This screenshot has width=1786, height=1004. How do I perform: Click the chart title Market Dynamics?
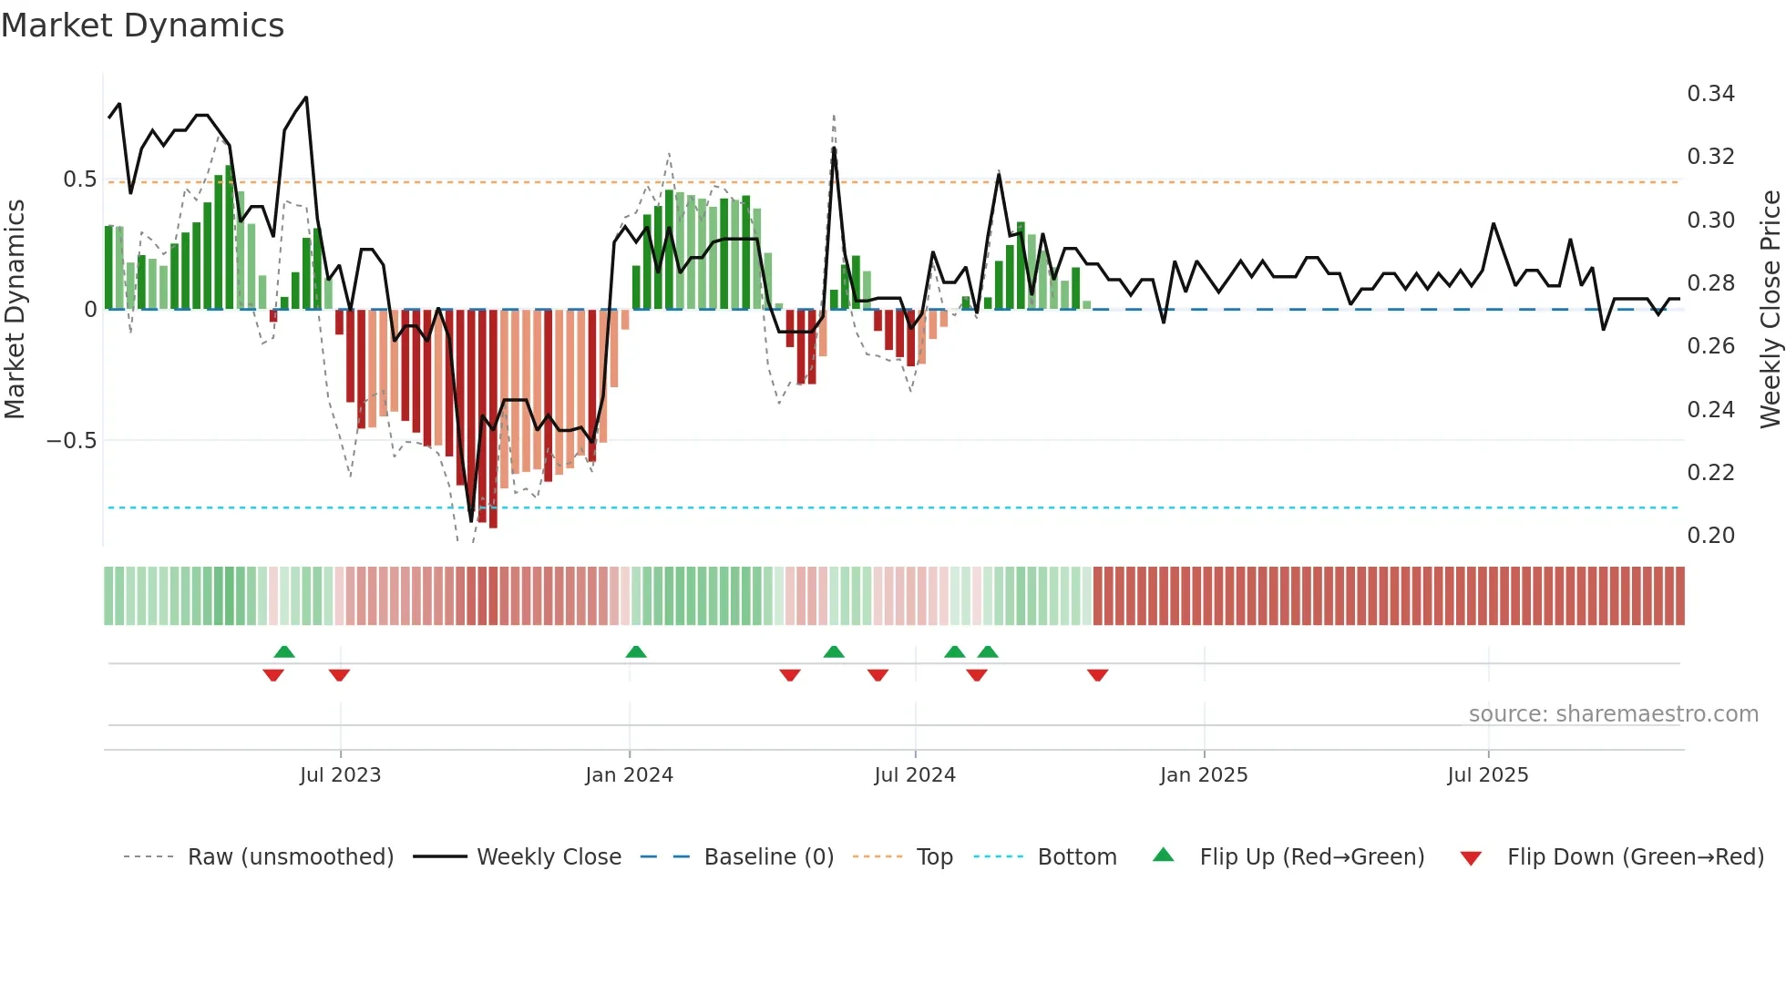pyautogui.click(x=143, y=26)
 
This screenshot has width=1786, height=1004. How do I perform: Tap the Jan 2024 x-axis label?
pyautogui.click(x=629, y=775)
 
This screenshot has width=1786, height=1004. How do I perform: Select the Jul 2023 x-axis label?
pyautogui.click(x=340, y=775)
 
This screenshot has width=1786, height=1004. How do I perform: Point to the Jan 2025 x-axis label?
pyautogui.click(x=1203, y=775)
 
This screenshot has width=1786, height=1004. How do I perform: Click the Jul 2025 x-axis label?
pyautogui.click(x=1487, y=775)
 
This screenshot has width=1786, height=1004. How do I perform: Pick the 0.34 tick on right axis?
pyautogui.click(x=1710, y=94)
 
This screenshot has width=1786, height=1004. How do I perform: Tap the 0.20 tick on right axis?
pyautogui.click(x=1710, y=536)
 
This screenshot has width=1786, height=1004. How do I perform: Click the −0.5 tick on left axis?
pyautogui.click(x=71, y=441)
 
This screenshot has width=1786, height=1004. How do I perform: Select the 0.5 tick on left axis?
pyautogui.click(x=79, y=179)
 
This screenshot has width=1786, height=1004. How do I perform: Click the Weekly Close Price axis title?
pyautogui.click(x=1770, y=309)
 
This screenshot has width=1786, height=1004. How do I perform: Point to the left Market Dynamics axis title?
pyautogui.click(x=15, y=309)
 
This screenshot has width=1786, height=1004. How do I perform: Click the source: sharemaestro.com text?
pyautogui.click(x=1613, y=714)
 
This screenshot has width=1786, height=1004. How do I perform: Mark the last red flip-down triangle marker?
pyautogui.click(x=1097, y=675)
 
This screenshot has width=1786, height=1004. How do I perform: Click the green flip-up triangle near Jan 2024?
pyautogui.click(x=636, y=651)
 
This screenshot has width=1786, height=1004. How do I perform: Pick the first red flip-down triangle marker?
pyautogui.click(x=273, y=675)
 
